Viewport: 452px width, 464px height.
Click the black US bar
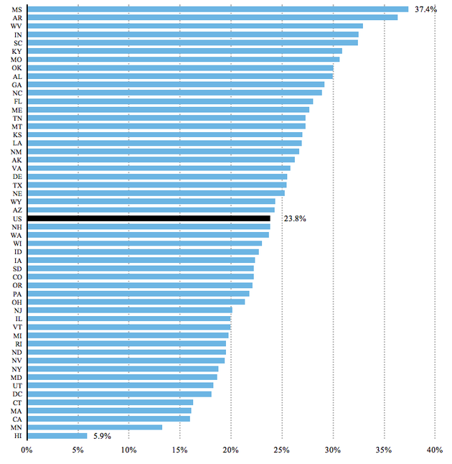click(x=149, y=218)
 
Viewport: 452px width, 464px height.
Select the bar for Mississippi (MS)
click(x=218, y=9)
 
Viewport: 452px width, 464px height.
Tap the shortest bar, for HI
click(x=57, y=436)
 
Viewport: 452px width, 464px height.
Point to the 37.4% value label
click(x=425, y=9)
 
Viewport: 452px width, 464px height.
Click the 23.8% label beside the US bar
click(x=295, y=218)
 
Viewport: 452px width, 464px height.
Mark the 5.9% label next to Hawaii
click(x=103, y=436)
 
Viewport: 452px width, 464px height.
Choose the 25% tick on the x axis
click(x=281, y=450)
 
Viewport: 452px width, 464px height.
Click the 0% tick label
click(x=27, y=450)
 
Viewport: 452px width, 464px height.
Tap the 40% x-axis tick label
click(x=435, y=450)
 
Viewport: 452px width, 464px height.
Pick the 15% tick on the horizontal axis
click(x=180, y=450)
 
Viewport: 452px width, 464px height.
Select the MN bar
click(x=95, y=427)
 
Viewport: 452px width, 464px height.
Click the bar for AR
click(x=212, y=18)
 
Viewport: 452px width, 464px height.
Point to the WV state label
click(x=16, y=26)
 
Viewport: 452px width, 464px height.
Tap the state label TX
click(x=17, y=185)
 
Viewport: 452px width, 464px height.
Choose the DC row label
click(x=17, y=394)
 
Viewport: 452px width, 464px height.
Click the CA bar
click(x=109, y=419)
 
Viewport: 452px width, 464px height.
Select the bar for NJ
click(x=130, y=310)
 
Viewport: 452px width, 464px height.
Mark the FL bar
click(x=170, y=101)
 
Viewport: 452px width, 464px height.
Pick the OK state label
click(x=17, y=68)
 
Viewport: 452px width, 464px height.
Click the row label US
click(x=17, y=218)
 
